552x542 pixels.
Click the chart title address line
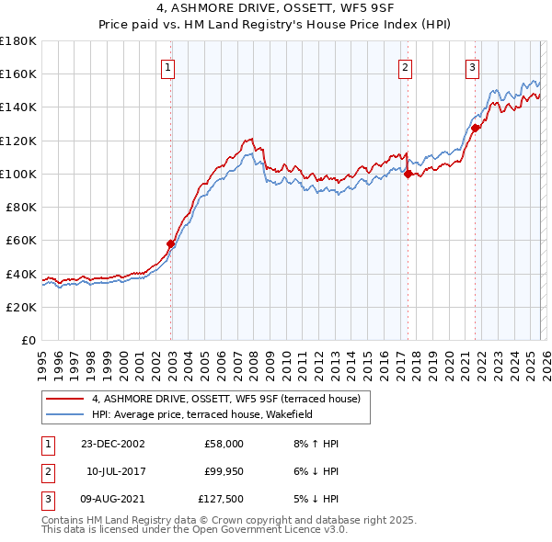276,10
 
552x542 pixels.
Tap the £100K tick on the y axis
18,174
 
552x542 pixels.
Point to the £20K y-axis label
21,307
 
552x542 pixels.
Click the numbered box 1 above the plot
170,66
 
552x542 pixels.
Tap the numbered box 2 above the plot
406,66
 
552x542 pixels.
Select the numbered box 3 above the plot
472,66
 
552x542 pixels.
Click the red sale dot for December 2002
171,243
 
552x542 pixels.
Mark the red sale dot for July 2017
407,174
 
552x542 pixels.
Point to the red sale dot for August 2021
476,128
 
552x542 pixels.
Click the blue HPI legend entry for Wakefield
202,414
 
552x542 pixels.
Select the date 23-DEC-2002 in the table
113,444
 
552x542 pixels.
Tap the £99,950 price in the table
224,471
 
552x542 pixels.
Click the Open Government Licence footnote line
193,530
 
